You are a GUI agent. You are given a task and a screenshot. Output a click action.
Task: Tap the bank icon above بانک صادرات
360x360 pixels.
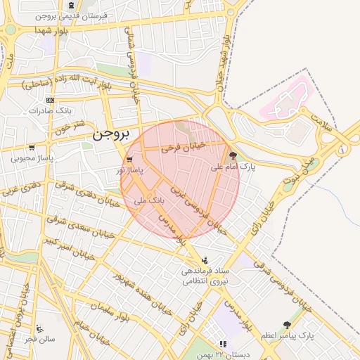point(49,100)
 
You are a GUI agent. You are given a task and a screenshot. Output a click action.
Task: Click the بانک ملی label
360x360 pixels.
point(148,200)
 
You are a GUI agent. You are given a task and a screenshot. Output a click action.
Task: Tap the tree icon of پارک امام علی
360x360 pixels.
point(233,156)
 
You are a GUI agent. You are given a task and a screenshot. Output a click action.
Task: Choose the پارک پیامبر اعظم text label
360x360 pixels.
point(287,336)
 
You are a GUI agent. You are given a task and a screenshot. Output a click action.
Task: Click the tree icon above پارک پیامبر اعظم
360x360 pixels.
point(287,325)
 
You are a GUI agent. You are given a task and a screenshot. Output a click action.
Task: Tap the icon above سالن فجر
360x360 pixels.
point(39,328)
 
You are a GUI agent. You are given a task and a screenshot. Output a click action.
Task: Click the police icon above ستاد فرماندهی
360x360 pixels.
point(205,259)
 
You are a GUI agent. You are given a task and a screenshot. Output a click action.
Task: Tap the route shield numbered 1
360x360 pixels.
point(342,149)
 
